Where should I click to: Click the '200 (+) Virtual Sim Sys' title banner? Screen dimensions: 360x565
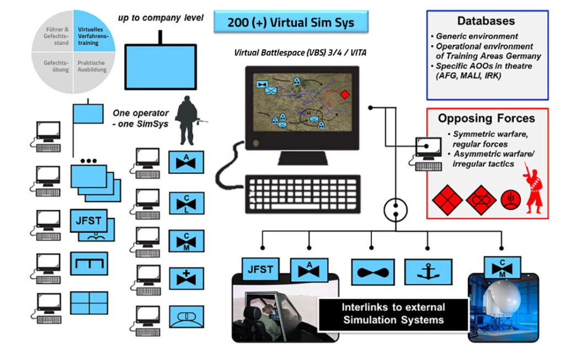(x=290, y=22)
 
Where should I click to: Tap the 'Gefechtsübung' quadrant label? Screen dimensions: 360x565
(x=56, y=66)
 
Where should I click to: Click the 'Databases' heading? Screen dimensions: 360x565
(x=486, y=21)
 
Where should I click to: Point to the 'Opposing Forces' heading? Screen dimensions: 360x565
(x=486, y=118)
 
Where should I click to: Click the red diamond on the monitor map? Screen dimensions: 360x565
(x=344, y=95)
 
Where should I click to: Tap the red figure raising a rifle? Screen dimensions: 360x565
(x=532, y=188)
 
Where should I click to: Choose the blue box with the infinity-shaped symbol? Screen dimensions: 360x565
(x=372, y=272)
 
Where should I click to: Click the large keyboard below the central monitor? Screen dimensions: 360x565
(x=303, y=194)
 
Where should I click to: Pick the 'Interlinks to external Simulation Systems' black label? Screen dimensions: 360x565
(x=393, y=314)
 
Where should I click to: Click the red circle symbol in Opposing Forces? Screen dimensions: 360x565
(x=510, y=199)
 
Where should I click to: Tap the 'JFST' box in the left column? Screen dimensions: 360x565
(x=88, y=221)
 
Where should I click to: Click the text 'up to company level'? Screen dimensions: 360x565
(x=161, y=18)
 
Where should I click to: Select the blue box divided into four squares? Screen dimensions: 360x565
(x=89, y=303)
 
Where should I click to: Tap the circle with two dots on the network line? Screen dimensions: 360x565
(x=395, y=208)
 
